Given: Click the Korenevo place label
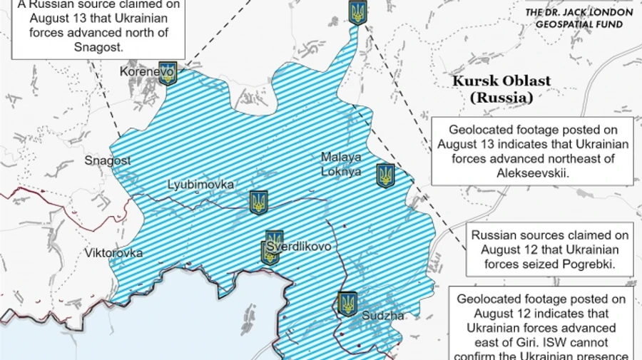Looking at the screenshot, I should tap(147, 72).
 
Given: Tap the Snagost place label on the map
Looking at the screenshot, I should tap(108, 160).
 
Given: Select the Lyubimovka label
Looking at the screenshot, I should tap(200, 185).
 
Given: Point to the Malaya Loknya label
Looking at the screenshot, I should tap(341, 164).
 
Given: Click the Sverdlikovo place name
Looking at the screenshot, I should tap(299, 247).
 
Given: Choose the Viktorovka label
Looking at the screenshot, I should tap(113, 252).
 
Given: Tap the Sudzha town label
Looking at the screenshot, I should tap(383, 315).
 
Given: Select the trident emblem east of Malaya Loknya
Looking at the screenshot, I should tap(386, 175).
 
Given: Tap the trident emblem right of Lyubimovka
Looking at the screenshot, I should tap(258, 202).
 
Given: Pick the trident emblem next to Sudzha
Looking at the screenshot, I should tap(347, 304).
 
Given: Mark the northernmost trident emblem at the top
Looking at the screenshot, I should tap(357, 12).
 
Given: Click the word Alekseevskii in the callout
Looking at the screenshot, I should tap(532, 173).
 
